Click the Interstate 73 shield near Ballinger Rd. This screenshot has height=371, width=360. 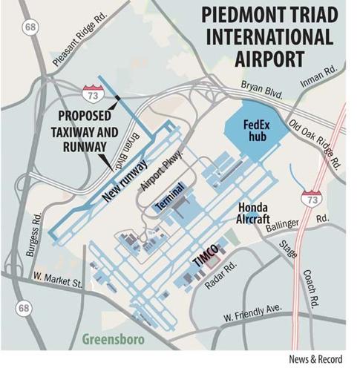point(310,198)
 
